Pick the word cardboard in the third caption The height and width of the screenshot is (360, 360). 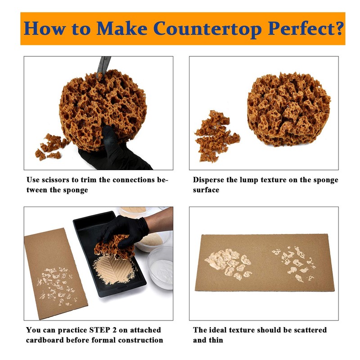tap(45, 340)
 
